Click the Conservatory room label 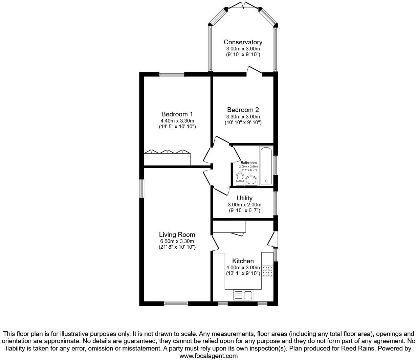tap(243, 42)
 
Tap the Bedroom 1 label tap(177, 114)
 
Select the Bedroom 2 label tap(243, 110)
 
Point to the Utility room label tap(244, 198)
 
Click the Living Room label tap(177, 234)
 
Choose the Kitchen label tap(243, 261)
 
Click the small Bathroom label tap(248, 163)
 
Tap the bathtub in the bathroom tap(266, 165)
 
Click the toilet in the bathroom tap(240, 178)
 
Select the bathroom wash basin tap(251, 180)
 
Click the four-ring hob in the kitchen tap(268, 271)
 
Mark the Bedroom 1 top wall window tap(172, 74)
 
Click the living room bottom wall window tap(176, 303)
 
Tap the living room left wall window tap(142, 188)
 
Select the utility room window tap(276, 203)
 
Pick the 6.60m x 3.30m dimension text tap(177, 241)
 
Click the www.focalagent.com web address tap(208, 356)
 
